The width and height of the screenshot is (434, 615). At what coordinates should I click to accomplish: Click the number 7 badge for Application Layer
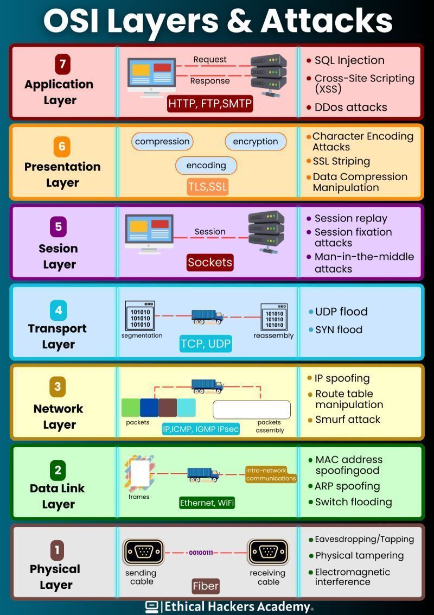(62, 65)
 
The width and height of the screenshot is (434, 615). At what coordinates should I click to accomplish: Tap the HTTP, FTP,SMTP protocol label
(210, 103)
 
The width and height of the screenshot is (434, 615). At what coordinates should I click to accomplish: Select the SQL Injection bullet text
(349, 60)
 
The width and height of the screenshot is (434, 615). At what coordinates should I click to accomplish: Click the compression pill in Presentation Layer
(162, 142)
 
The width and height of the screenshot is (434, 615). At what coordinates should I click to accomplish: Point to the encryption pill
(256, 142)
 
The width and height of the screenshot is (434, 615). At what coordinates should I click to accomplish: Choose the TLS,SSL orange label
(208, 187)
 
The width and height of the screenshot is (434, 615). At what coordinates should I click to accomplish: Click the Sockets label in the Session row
(210, 262)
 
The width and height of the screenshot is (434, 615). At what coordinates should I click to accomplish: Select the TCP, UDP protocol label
(206, 344)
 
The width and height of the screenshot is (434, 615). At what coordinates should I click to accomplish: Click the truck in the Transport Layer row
(207, 316)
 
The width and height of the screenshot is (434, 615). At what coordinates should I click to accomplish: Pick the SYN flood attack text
(339, 329)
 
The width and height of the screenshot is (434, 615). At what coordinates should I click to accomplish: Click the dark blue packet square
(149, 408)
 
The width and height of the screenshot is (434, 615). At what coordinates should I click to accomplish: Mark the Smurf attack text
(348, 419)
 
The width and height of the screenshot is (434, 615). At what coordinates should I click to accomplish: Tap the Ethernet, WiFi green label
(207, 503)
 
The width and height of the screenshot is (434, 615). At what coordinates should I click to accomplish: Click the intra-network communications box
(271, 474)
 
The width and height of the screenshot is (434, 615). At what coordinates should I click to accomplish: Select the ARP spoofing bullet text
(347, 486)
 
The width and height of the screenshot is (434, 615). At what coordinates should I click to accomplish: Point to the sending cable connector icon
(143, 552)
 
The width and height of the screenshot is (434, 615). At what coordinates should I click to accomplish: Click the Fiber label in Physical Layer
(206, 586)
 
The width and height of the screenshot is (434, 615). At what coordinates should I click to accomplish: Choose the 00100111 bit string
(201, 553)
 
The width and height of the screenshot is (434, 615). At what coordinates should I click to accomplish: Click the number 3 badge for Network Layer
(58, 388)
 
